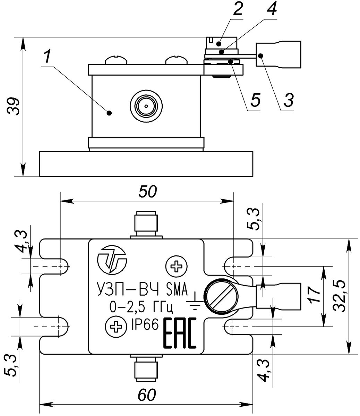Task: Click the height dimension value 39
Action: coord(14,106)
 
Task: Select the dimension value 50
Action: coord(147,191)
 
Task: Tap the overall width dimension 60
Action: coord(147,395)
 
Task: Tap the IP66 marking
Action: coord(145,325)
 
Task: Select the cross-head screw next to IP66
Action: coord(116,327)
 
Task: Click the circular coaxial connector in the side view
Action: coord(146,106)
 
